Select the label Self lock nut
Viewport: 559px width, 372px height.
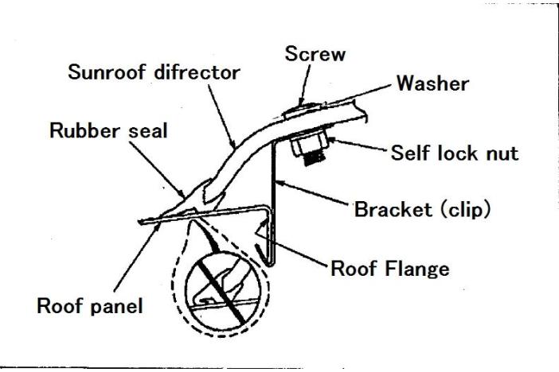point(453,153)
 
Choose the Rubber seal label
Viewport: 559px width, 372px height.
point(97,131)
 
